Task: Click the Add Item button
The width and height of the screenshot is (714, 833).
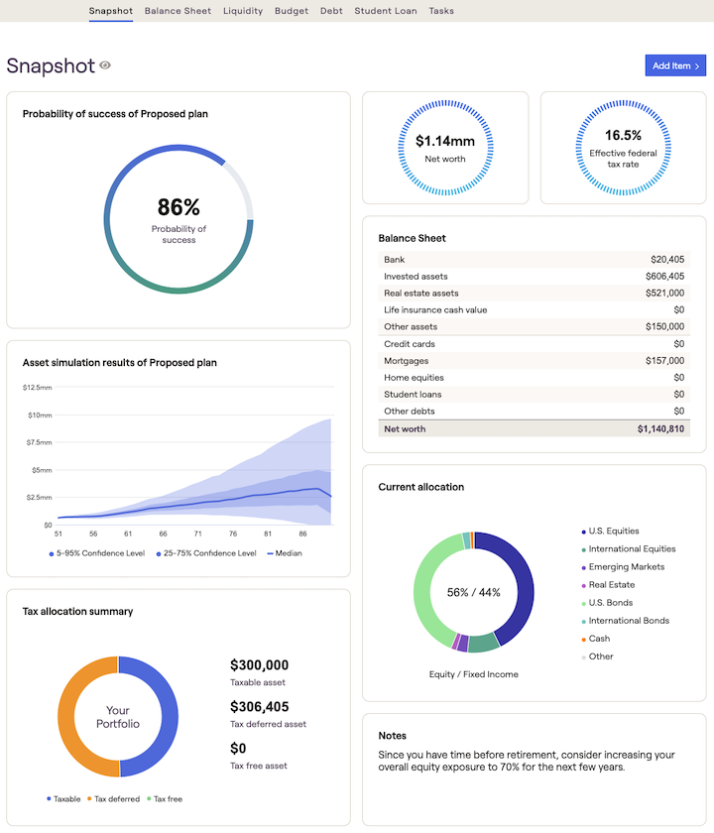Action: [x=675, y=65]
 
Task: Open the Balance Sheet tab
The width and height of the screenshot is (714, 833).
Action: [x=178, y=11]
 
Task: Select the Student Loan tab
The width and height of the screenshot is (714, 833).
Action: [x=386, y=11]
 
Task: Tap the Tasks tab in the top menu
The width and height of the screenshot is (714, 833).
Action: [x=441, y=11]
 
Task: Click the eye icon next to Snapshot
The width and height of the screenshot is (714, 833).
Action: [x=105, y=65]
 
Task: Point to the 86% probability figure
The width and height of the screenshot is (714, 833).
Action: [x=178, y=207]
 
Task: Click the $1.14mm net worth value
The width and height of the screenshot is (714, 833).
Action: [x=444, y=141]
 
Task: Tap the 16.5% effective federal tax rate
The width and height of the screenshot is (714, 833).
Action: [x=623, y=135]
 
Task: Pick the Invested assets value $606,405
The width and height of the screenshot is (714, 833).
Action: [x=663, y=277]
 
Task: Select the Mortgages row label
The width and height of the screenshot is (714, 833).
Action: [x=407, y=361]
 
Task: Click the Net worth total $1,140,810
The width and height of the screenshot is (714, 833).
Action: [x=660, y=428]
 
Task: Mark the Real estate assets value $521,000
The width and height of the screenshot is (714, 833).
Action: [x=663, y=294]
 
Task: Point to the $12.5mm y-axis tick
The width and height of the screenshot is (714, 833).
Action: [x=39, y=387]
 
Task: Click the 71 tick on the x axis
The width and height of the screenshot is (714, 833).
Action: [x=197, y=534]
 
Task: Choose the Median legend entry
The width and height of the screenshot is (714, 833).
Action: [x=285, y=553]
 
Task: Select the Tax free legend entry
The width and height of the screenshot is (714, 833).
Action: [x=166, y=798]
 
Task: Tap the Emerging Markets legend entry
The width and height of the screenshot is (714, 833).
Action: [x=626, y=567]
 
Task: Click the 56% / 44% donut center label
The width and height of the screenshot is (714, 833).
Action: [x=473, y=592]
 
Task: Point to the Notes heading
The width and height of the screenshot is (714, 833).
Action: [x=393, y=736]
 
